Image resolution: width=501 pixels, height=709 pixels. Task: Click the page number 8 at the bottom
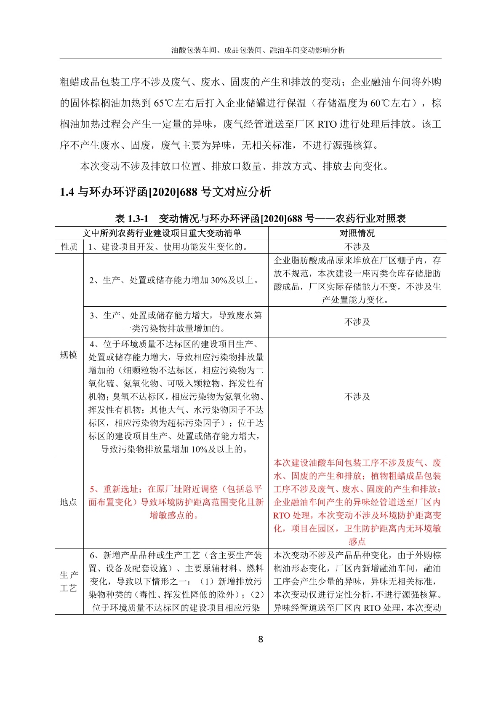coord(260,639)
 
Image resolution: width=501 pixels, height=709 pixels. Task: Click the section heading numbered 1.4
coord(165,192)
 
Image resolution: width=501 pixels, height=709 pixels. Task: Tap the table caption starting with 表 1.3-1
coord(260,219)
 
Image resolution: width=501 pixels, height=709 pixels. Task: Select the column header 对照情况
coord(357,233)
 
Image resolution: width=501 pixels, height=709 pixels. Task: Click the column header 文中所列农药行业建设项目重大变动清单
coord(162,233)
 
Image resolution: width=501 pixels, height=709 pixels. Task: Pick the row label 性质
coord(69,246)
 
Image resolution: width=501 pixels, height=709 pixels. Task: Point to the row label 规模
coord(69,355)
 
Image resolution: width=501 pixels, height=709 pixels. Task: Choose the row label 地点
coord(69,502)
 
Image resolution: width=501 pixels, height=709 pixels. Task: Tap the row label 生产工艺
coord(69,581)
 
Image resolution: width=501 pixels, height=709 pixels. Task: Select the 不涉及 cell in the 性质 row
coord(357,246)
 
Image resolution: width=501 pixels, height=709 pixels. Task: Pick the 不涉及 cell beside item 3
coord(357,322)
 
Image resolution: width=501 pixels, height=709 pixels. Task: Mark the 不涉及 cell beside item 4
coord(357,396)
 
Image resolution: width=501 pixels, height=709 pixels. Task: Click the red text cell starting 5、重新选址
coord(176,502)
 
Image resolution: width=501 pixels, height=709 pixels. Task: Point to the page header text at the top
coord(258,50)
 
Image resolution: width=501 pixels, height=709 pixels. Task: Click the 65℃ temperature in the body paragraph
coord(161,103)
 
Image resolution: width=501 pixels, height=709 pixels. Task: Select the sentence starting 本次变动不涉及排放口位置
coord(234,166)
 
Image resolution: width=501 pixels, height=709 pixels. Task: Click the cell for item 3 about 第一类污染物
coord(176,322)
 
